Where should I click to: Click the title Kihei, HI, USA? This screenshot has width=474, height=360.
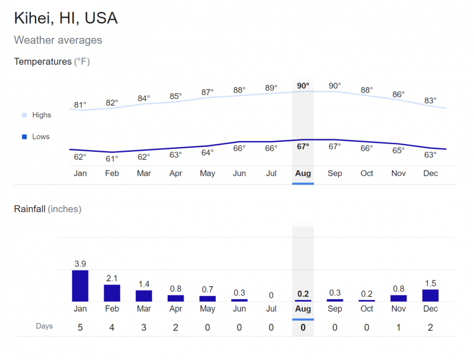point(66,18)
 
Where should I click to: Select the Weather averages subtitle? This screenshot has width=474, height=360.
point(58,40)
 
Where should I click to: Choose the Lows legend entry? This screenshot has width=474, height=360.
point(41,136)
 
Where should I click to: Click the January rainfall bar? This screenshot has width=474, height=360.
point(80,286)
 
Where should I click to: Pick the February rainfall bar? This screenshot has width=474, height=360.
point(112,293)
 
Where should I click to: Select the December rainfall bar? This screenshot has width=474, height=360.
point(430,295)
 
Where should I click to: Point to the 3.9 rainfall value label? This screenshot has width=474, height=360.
point(80,263)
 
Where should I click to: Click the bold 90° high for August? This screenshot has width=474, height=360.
point(303,86)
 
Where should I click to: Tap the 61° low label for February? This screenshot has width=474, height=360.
point(112,158)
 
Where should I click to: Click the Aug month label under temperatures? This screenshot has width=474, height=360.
point(303,174)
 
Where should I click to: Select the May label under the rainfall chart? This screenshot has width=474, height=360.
point(207,308)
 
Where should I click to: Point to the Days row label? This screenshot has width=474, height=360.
point(44,326)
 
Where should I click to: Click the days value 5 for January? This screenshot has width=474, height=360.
point(80,327)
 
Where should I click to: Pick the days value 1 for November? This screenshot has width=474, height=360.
point(398,327)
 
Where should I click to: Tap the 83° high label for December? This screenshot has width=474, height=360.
point(430,101)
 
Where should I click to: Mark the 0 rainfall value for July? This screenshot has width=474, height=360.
point(271,295)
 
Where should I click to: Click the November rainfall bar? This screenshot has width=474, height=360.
point(398,298)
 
